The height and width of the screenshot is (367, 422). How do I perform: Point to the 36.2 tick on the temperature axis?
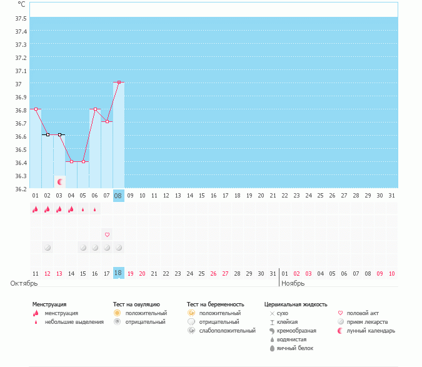click(x=20, y=188)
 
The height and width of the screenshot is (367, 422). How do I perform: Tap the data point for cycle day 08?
click(x=118, y=82)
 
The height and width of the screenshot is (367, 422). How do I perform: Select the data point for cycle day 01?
click(x=36, y=109)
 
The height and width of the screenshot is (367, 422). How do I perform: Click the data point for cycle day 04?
click(x=71, y=161)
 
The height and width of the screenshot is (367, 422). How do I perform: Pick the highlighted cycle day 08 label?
click(x=118, y=196)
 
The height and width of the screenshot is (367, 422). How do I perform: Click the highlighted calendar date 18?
click(x=118, y=273)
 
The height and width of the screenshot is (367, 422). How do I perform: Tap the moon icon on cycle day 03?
click(x=60, y=181)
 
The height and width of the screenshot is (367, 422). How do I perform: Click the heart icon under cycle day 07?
click(x=107, y=234)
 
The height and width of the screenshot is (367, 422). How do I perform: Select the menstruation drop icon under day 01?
click(x=36, y=209)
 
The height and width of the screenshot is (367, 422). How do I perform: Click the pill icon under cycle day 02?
click(x=48, y=248)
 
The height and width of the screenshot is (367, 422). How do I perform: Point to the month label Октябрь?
click(x=20, y=283)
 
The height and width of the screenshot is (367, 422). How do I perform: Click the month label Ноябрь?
click(x=293, y=283)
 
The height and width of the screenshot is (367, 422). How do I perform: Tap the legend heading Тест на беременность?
click(x=215, y=304)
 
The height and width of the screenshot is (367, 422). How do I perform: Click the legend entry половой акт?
click(x=363, y=313)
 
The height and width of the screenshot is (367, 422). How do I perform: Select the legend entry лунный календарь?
click(x=371, y=331)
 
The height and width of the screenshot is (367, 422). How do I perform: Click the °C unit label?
click(x=22, y=4)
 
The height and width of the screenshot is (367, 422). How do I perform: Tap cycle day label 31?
click(x=391, y=196)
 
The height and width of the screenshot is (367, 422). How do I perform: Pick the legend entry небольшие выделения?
click(x=74, y=322)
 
